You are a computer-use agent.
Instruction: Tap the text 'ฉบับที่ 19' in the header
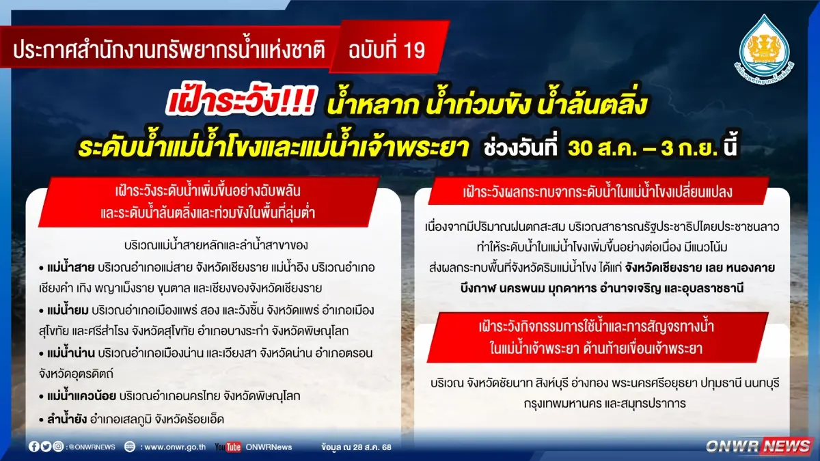(386, 50)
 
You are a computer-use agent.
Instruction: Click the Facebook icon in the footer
(34, 447)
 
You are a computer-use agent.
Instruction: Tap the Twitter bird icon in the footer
(46, 447)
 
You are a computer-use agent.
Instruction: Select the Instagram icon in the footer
(58, 447)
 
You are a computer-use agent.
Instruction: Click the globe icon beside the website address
(129, 447)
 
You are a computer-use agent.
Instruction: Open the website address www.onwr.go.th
(175, 447)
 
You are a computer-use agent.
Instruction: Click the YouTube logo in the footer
(228, 447)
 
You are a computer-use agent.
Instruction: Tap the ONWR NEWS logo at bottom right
(758, 446)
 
